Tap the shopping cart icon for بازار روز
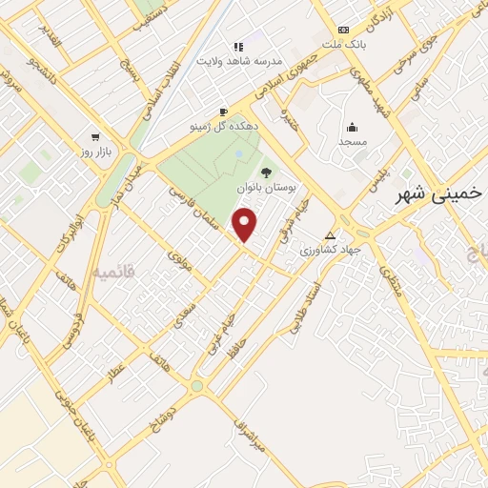pos(94,136)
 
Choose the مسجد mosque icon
pos(352,127)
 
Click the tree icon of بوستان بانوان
pos(265,172)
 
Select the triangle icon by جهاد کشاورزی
pos(330,235)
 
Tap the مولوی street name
pos(179,260)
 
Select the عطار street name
pos(115,373)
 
